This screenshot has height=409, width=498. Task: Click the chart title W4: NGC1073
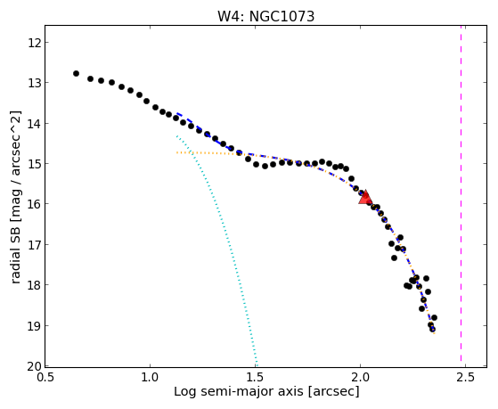(265, 16)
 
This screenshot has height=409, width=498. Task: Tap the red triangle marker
(365, 197)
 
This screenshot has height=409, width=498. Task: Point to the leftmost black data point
(76, 73)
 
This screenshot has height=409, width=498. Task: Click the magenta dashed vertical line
(461, 196)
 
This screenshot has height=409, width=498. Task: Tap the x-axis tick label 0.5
(45, 377)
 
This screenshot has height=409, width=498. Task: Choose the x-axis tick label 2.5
(465, 377)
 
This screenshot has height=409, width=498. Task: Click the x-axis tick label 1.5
(255, 377)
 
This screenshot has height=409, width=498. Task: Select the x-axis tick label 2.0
(360, 377)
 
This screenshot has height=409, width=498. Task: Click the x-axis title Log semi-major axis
(239, 391)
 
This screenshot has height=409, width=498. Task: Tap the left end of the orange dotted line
(176, 152)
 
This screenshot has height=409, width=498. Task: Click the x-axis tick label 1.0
(150, 377)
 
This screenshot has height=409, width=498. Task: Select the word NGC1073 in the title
(282, 16)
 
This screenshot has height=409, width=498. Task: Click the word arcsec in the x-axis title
(333, 392)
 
